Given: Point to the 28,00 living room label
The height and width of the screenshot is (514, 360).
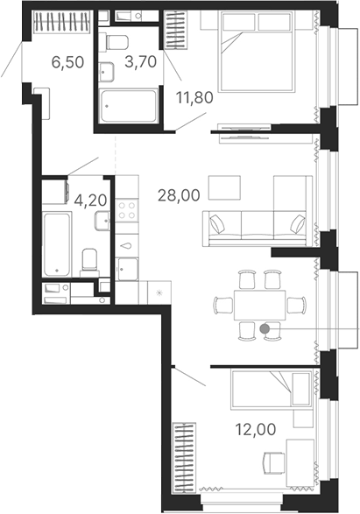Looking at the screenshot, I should click(x=176, y=197).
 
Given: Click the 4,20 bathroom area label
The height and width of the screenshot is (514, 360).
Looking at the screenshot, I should click(x=91, y=200).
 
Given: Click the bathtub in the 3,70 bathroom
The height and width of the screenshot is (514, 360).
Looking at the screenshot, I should click(x=129, y=106).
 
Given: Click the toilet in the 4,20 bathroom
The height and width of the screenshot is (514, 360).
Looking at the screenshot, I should click(x=89, y=261).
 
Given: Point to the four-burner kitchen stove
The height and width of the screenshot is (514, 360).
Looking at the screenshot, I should click(x=128, y=210).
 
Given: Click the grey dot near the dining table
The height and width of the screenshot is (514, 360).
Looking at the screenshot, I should click(x=265, y=328).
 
